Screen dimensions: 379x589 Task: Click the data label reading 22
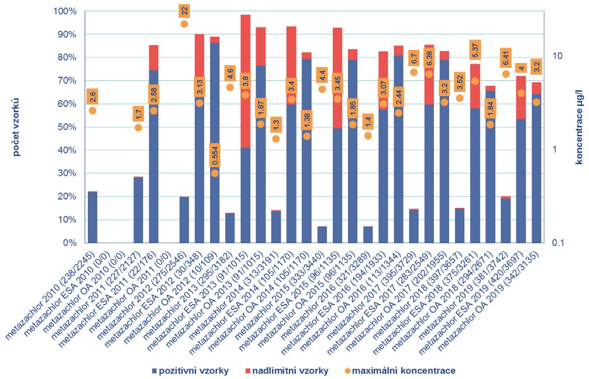point(184,10)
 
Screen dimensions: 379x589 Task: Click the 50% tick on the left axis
point(65,127)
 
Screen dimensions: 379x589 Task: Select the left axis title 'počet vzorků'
point(16,127)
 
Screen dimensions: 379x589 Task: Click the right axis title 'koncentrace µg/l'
point(579,127)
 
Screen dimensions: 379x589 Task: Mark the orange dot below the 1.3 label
point(276,139)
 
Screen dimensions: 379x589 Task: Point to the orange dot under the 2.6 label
point(92,111)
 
